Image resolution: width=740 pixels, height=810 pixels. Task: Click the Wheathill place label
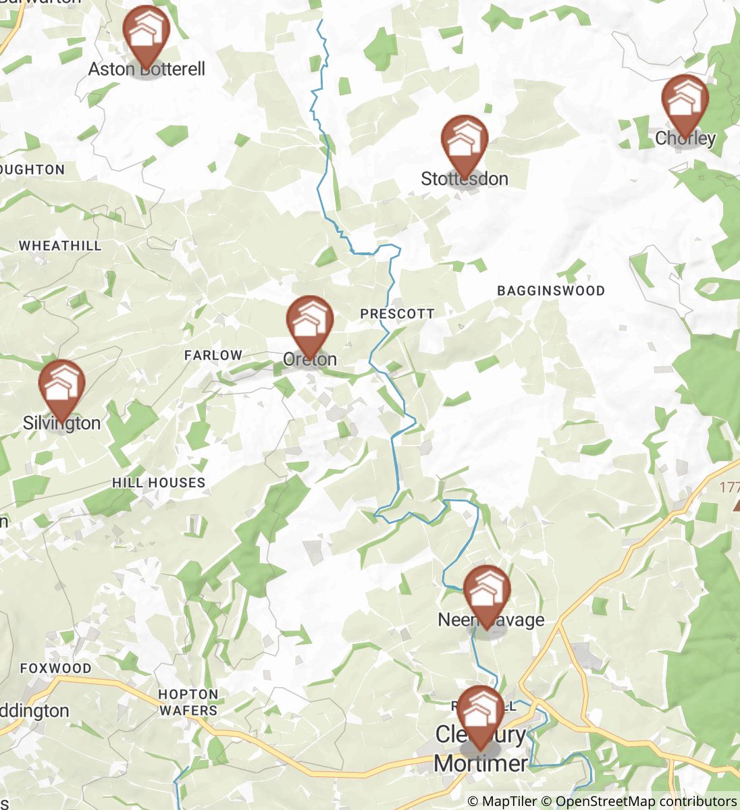[60, 246]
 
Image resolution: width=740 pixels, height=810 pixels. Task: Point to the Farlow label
[213, 355]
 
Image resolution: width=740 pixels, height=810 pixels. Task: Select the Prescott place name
[397, 314]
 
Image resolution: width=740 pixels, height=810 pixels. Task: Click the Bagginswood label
[551, 291]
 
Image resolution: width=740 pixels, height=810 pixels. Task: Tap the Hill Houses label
[159, 483]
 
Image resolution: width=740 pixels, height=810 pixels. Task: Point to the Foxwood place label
[55, 668]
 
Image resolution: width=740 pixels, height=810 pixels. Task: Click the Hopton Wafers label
[188, 702]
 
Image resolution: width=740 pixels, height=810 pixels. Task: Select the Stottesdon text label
[465, 179]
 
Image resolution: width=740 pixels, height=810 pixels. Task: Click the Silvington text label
[61, 423]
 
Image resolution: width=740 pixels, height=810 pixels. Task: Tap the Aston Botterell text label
[147, 69]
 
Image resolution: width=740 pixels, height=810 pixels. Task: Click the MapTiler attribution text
[502, 801]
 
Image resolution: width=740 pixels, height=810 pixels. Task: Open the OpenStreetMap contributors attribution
[645, 801]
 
